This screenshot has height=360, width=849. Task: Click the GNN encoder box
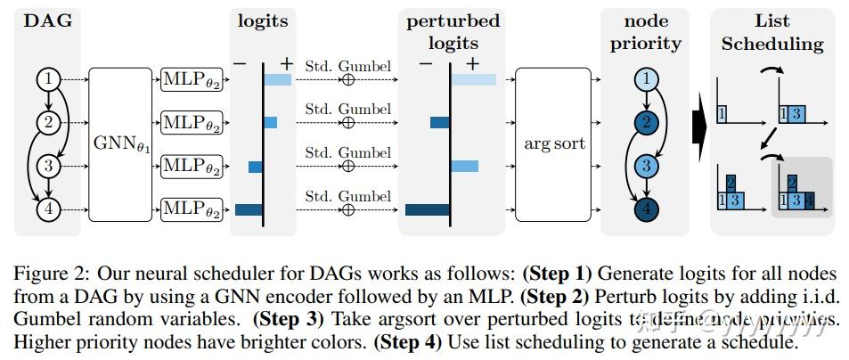click(x=121, y=144)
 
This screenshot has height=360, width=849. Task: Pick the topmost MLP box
click(x=191, y=80)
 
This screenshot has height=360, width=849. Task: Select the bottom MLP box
click(x=191, y=210)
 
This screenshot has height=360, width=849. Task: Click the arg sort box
click(x=552, y=144)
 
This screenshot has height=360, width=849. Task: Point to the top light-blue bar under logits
click(x=277, y=80)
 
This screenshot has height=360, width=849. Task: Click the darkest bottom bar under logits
click(x=249, y=210)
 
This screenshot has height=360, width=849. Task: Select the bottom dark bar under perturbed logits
click(x=427, y=210)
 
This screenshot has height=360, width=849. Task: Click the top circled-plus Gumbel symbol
click(x=348, y=80)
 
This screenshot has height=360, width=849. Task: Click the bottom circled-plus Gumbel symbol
click(x=348, y=210)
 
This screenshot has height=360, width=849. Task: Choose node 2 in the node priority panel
click(x=649, y=123)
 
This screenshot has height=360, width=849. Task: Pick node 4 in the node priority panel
click(x=649, y=210)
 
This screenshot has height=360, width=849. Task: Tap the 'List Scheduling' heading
click(x=772, y=32)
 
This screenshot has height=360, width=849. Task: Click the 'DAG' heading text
click(x=49, y=20)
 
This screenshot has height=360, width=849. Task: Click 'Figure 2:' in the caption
click(x=46, y=270)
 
